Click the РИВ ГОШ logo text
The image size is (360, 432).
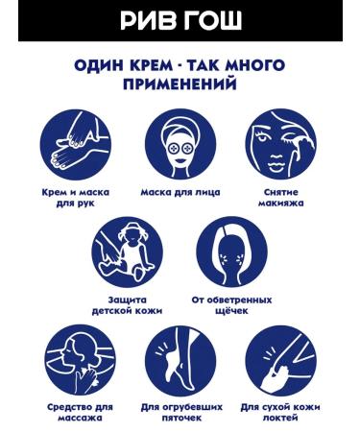180,20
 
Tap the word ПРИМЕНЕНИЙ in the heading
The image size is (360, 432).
180,84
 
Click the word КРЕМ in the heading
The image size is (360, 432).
151,65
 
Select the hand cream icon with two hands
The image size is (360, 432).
76,145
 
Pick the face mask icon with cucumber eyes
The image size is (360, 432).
180,145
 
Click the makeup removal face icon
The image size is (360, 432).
280,145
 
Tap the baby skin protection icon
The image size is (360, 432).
128,252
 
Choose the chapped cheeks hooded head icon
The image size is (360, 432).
231,252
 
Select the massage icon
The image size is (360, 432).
81,360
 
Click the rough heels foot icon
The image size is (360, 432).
180,360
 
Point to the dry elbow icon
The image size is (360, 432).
280,360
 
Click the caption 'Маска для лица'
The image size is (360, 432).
180,193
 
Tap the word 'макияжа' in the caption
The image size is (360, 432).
280,204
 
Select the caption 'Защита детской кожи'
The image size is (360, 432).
127,305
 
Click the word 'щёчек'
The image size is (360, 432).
231,311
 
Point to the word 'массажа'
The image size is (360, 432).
81,418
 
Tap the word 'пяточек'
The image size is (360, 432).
181,418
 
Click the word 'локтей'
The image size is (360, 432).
280,418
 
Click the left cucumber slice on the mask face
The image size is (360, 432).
174,149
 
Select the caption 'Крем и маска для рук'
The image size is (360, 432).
76,198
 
